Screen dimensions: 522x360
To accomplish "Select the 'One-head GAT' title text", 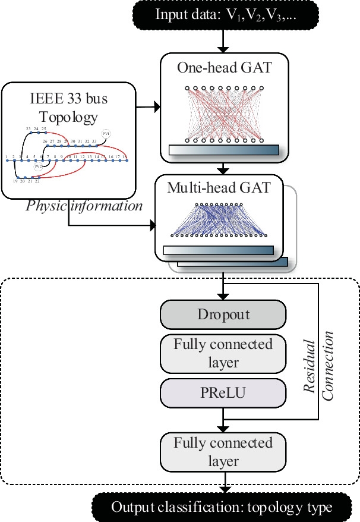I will (224, 67).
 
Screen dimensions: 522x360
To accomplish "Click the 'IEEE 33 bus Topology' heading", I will (68, 108).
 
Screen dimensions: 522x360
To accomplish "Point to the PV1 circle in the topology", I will (106, 133).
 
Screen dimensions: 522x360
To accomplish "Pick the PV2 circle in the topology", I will (39, 166).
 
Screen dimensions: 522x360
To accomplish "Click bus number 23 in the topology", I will (29, 128).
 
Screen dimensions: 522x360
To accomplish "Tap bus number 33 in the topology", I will (93, 141).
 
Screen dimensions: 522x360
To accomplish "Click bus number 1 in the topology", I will (6, 156).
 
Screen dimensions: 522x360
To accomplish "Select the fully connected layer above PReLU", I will (223, 353).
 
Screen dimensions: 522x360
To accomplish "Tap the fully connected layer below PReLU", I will (223, 452).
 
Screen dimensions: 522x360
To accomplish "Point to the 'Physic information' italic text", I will (84, 206).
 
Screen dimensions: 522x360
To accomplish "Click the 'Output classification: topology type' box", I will (223, 508).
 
